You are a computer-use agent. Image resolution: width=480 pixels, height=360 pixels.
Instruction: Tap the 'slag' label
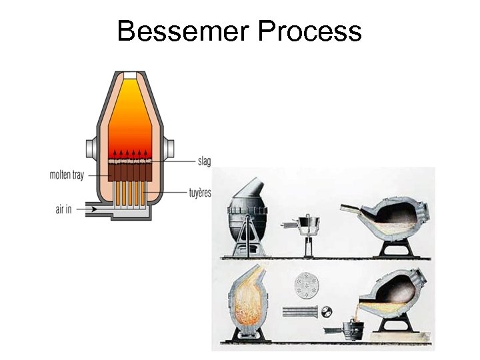pyautogui.click(x=204, y=161)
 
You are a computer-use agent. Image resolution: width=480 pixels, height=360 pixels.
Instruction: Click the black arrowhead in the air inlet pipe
pyautogui.click(x=93, y=209)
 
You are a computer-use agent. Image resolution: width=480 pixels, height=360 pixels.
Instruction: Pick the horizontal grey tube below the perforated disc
pyautogui.click(x=301, y=311)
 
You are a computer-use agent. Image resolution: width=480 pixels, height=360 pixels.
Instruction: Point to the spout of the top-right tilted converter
pyautogui.click(x=353, y=210)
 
